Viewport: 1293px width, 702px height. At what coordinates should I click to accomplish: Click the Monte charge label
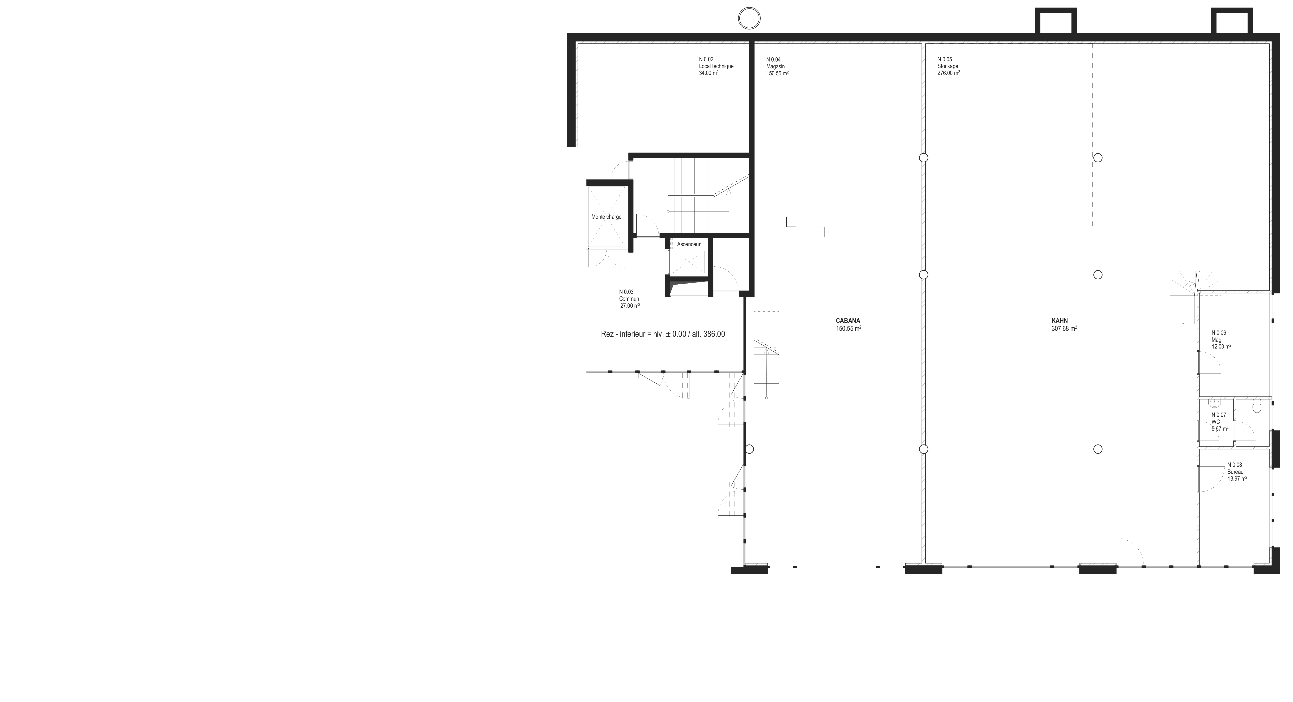pyautogui.click(x=606, y=217)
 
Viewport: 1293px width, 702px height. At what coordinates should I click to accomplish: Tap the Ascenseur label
pyautogui.click(x=689, y=244)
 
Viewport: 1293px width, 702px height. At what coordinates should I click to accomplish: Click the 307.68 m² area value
pyautogui.click(x=1064, y=329)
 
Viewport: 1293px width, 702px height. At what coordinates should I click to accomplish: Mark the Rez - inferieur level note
pyautogui.click(x=663, y=334)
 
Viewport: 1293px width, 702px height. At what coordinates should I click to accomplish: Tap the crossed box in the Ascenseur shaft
pyautogui.click(x=689, y=262)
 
